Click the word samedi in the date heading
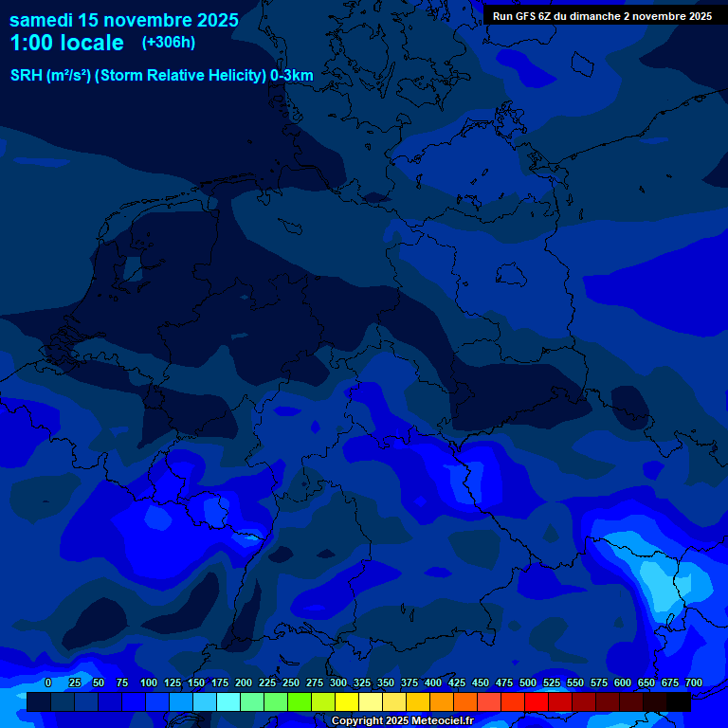(x=45, y=20)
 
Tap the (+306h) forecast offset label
(x=168, y=42)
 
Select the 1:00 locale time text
(x=66, y=43)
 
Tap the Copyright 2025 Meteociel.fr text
(x=402, y=721)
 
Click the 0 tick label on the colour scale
(x=48, y=682)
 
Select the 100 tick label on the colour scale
(x=149, y=682)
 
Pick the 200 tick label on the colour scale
(x=244, y=682)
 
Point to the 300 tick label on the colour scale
(x=338, y=682)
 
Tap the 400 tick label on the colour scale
(x=433, y=682)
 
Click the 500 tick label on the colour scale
(x=528, y=682)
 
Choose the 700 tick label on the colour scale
(x=694, y=682)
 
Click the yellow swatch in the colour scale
(x=347, y=701)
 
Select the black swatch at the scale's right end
(x=679, y=701)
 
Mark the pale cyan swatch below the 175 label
(x=228, y=701)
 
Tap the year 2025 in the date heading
(x=217, y=20)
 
